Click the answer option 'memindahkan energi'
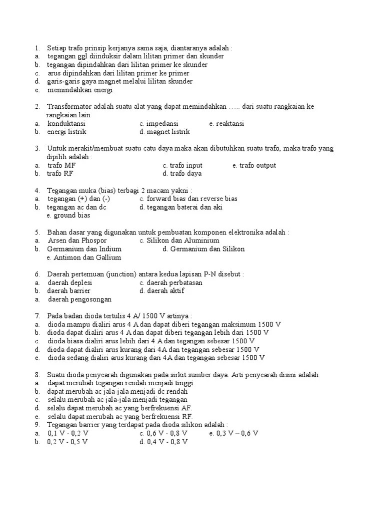[80, 90]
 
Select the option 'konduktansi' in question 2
[66, 123]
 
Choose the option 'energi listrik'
[67, 132]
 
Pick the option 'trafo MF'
[61, 165]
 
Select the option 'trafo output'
[257, 165]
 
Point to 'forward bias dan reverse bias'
[192, 199]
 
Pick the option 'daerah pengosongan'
[79, 299]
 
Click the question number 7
[37, 316]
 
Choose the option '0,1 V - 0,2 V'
[68, 433]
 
